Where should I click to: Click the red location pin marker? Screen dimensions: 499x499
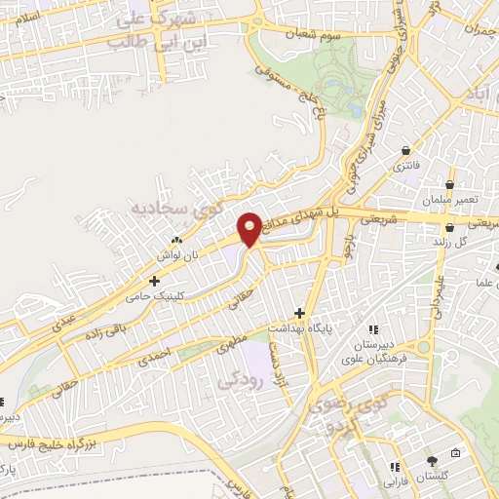coord(249,229)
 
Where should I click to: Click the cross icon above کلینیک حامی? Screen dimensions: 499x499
coord(154,281)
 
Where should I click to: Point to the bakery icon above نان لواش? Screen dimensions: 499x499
coord(176,239)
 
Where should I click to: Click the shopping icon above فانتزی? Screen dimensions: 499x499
coord(405,150)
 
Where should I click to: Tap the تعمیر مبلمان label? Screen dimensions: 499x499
coord(449,200)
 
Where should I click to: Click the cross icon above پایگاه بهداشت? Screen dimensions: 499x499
coord(299,313)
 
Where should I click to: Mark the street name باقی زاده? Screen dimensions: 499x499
coord(104,326)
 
